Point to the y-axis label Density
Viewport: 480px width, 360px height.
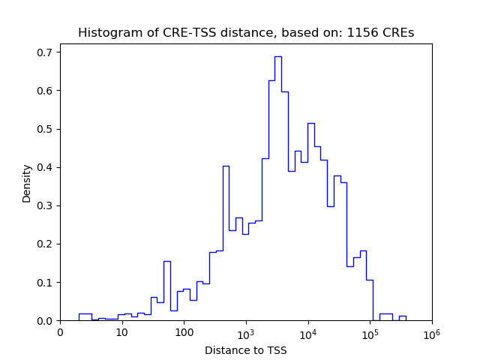point(27,183)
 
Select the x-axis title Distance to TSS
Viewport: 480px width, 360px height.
point(246,350)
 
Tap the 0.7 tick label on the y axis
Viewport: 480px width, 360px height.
point(44,52)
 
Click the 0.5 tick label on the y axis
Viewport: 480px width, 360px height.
point(44,129)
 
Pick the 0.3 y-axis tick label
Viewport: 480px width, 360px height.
point(44,205)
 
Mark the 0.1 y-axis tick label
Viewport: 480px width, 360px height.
point(44,283)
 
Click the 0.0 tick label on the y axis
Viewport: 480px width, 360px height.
point(44,321)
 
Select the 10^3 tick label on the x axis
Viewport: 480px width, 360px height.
point(246,331)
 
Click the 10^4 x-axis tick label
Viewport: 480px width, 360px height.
point(308,331)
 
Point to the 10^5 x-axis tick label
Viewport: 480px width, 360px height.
point(370,331)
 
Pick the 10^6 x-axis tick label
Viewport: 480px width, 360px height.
point(432,331)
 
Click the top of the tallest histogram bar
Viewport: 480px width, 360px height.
point(277,56)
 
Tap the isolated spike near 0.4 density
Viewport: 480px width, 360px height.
point(226,166)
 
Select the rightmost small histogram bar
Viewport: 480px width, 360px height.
point(403,316)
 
